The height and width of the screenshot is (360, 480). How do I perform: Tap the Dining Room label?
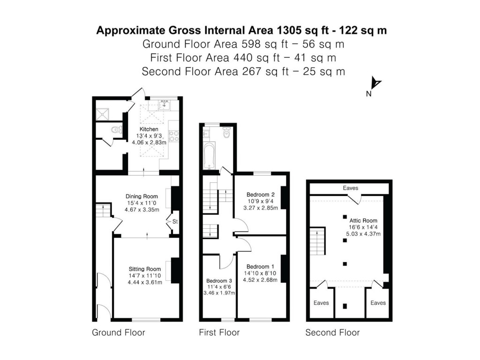pyautogui.click(x=141, y=196)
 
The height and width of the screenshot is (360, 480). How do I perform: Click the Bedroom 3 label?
pyautogui.click(x=218, y=280)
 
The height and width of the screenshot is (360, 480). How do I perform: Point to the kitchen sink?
pyautogui.click(x=164, y=105)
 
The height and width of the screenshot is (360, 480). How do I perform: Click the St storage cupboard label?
pyautogui.click(x=175, y=221)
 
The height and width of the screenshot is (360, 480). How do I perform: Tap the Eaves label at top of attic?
pyautogui.click(x=350, y=188)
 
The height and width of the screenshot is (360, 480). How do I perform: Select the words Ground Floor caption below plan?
pyautogui.click(x=119, y=333)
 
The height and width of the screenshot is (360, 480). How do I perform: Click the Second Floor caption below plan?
pyautogui.click(x=332, y=333)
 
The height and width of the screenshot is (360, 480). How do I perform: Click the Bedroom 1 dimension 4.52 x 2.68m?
pyautogui.click(x=260, y=280)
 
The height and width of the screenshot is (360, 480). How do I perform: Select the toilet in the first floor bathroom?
pyautogui.click(x=227, y=133)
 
